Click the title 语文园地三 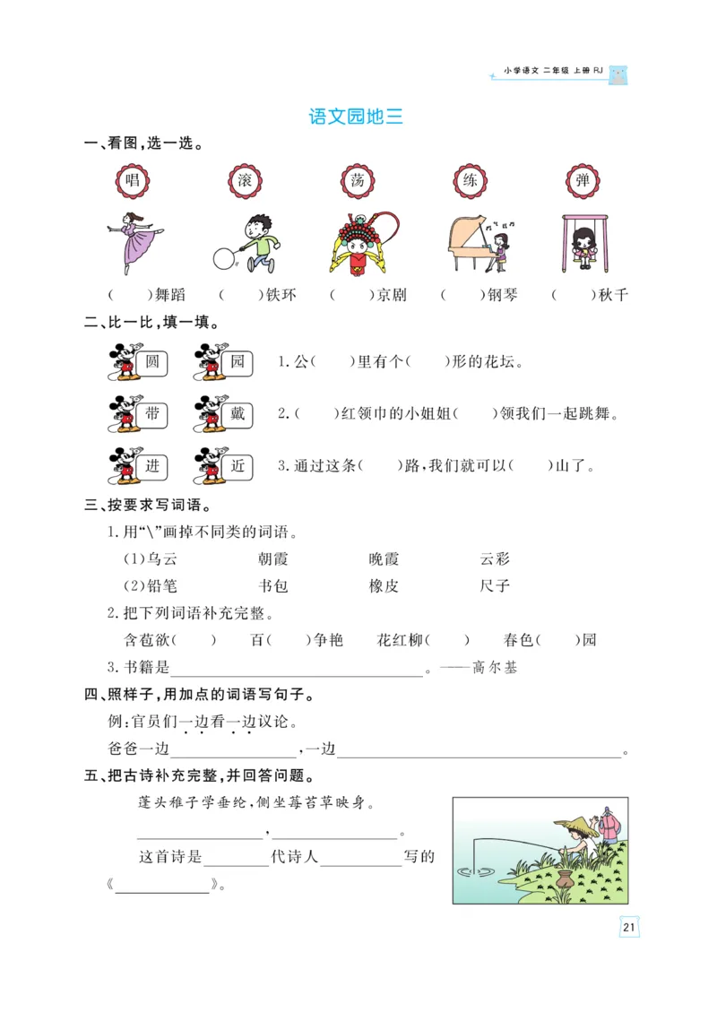point(356,117)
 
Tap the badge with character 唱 point(133,180)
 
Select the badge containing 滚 point(245,180)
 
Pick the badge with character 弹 point(583,180)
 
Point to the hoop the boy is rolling point(222,258)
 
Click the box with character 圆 point(151,362)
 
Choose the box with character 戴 point(238,414)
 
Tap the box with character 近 point(238,465)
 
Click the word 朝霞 point(272,559)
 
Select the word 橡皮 point(384,586)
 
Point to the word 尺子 point(495,586)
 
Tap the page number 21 point(628,927)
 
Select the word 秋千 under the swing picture point(613,295)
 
